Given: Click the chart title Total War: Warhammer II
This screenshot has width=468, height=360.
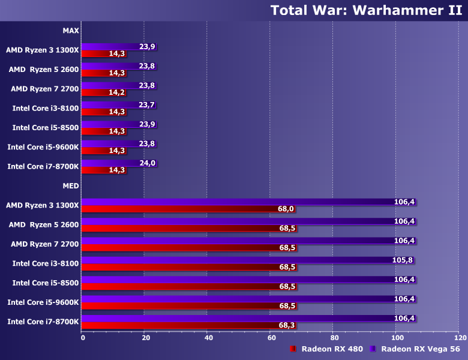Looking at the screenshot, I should (366, 10).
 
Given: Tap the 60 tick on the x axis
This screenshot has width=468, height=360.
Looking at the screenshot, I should (271, 337).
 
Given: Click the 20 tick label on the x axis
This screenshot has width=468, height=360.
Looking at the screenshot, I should (145, 337).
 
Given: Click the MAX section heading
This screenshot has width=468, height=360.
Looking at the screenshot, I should (71, 31).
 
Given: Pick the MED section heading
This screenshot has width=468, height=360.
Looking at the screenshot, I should (71, 186).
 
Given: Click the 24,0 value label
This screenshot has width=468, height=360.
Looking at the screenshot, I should (148, 163).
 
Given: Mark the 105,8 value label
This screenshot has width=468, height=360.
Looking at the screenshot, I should (403, 260).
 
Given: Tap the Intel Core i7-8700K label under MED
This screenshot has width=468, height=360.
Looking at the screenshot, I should (43, 322).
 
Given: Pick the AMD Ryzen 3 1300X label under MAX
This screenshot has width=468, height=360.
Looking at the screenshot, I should (43, 50).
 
